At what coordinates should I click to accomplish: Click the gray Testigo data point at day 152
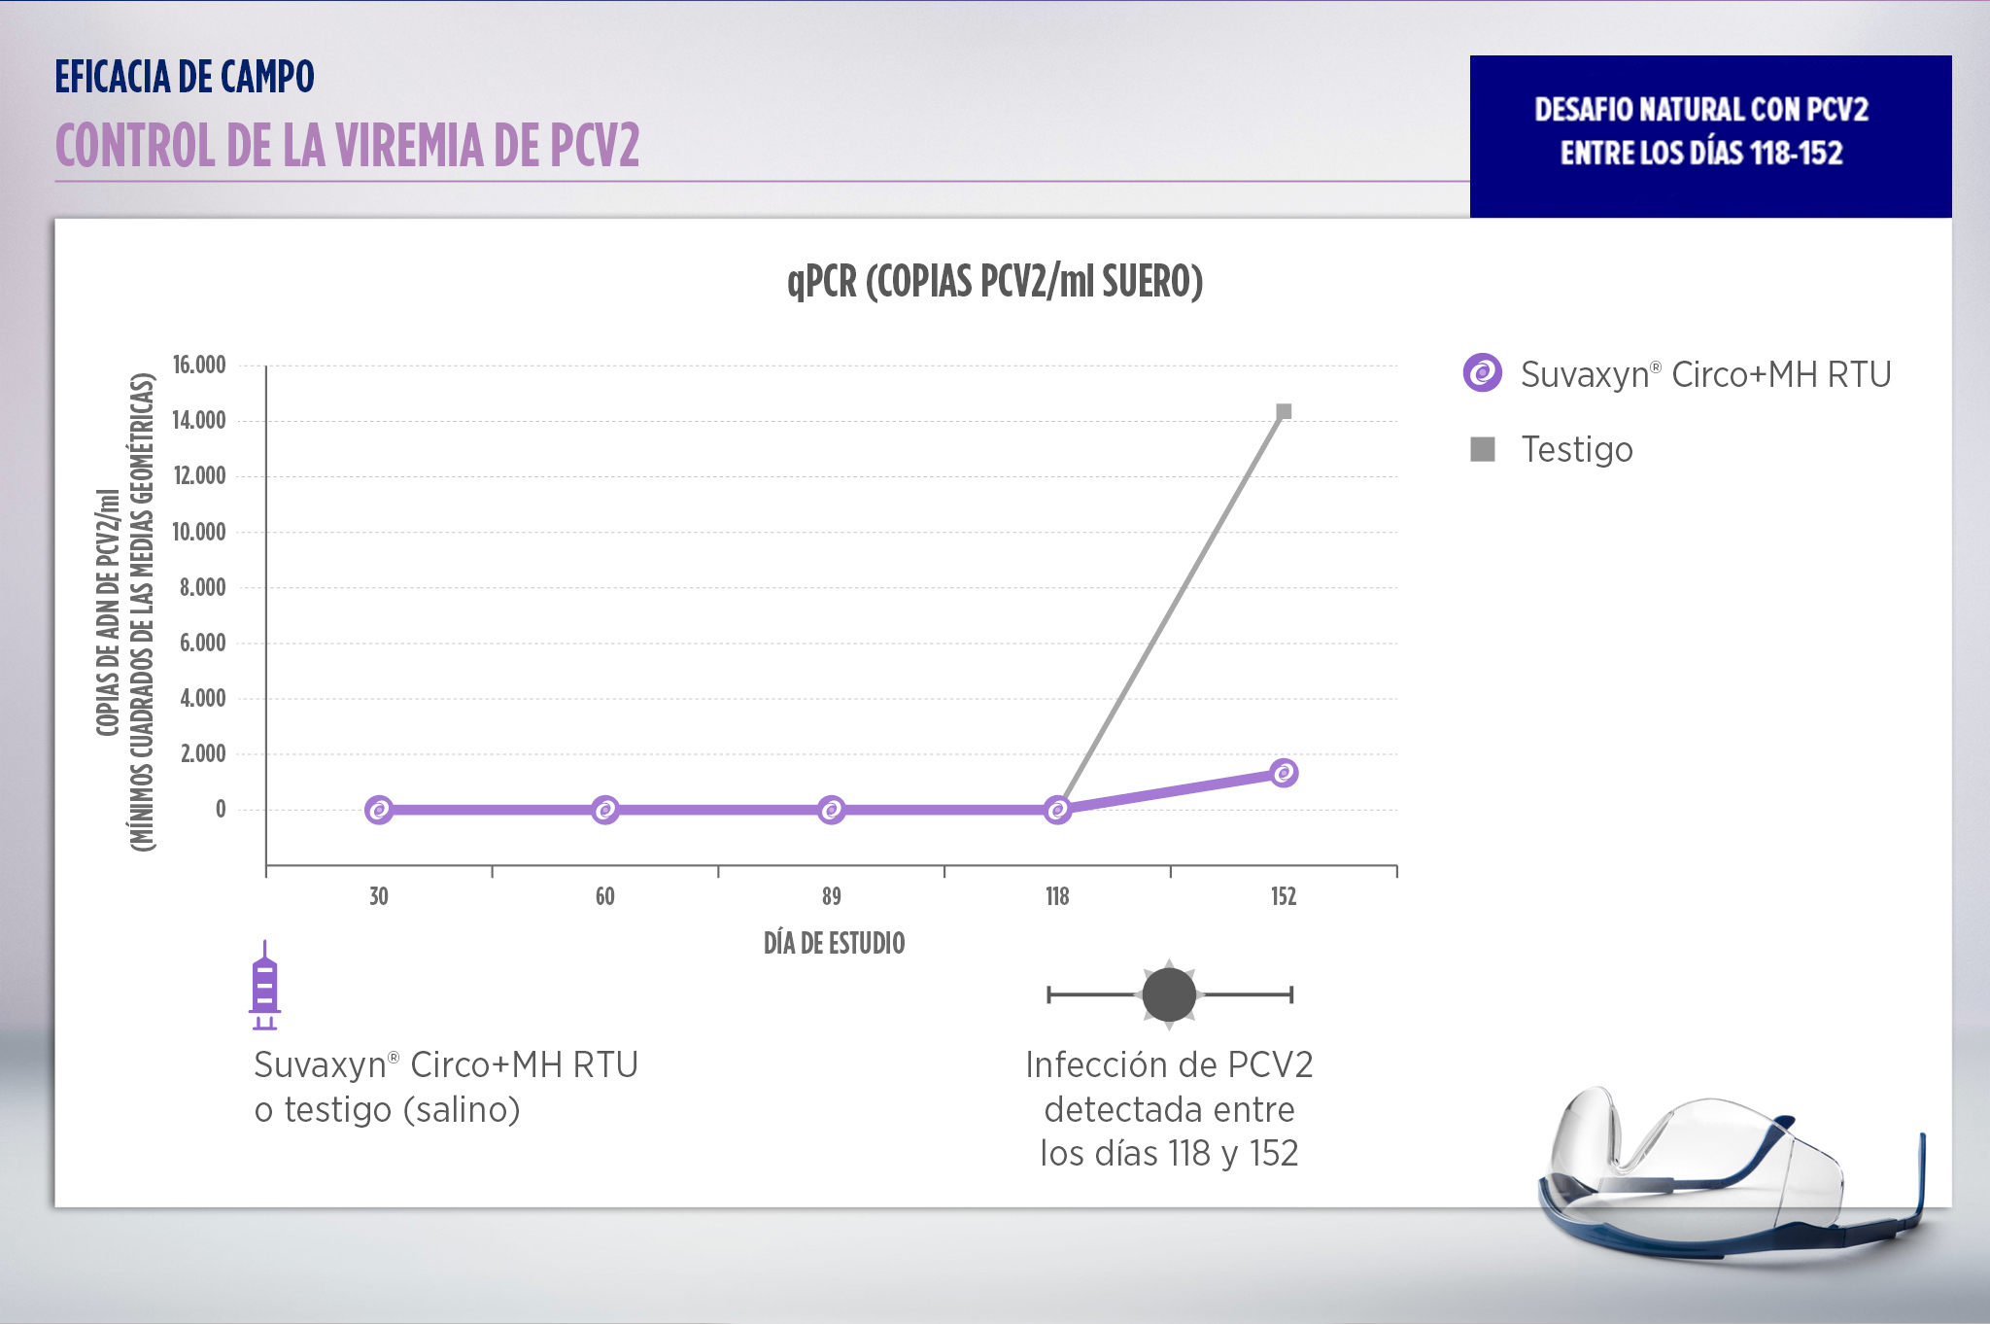[x=1284, y=412]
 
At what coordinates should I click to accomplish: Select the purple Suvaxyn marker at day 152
[x=1284, y=773]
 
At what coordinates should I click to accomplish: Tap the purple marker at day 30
[x=379, y=810]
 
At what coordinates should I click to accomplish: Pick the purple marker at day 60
[x=605, y=810]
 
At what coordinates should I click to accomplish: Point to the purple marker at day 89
[x=831, y=810]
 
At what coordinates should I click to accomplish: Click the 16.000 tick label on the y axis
[x=199, y=366]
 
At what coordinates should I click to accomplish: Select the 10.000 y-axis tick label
[x=199, y=532]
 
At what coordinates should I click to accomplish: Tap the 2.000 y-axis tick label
[x=203, y=753]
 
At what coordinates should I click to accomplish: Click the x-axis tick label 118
[x=1057, y=896]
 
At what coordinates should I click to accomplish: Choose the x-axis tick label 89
[x=831, y=896]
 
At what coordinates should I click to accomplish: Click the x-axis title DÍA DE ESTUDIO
[x=834, y=943]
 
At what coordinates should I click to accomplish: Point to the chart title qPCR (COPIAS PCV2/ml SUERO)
[x=995, y=282]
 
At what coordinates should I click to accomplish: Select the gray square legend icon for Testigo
[x=1483, y=449]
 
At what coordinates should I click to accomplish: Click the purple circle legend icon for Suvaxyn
[x=1483, y=373]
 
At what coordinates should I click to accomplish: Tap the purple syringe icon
[x=264, y=986]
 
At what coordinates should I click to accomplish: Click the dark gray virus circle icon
[x=1169, y=994]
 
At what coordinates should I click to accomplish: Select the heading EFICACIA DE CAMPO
[x=185, y=77]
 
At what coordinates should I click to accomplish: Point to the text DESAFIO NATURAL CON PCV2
[x=1701, y=109]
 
